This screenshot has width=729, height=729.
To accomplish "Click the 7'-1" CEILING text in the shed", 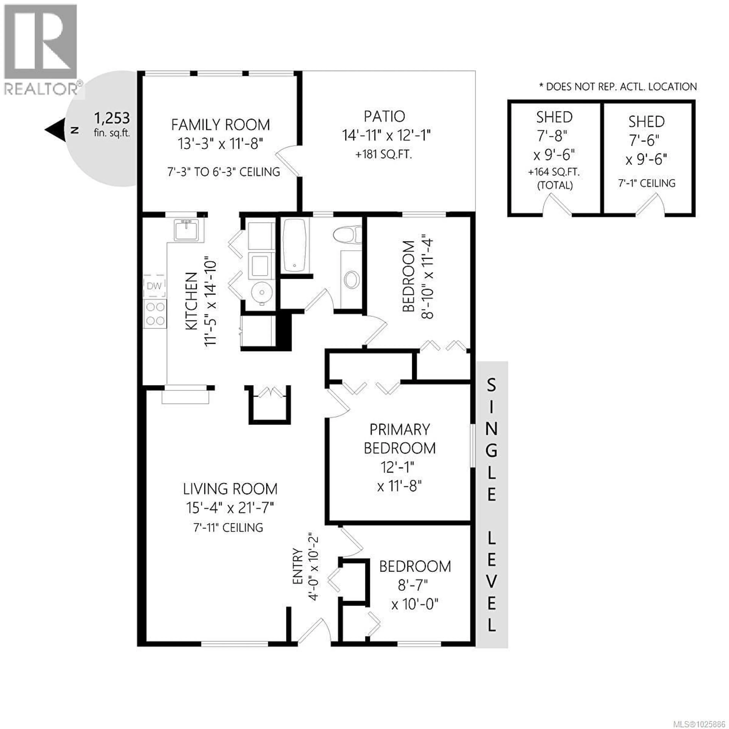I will [646, 183].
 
